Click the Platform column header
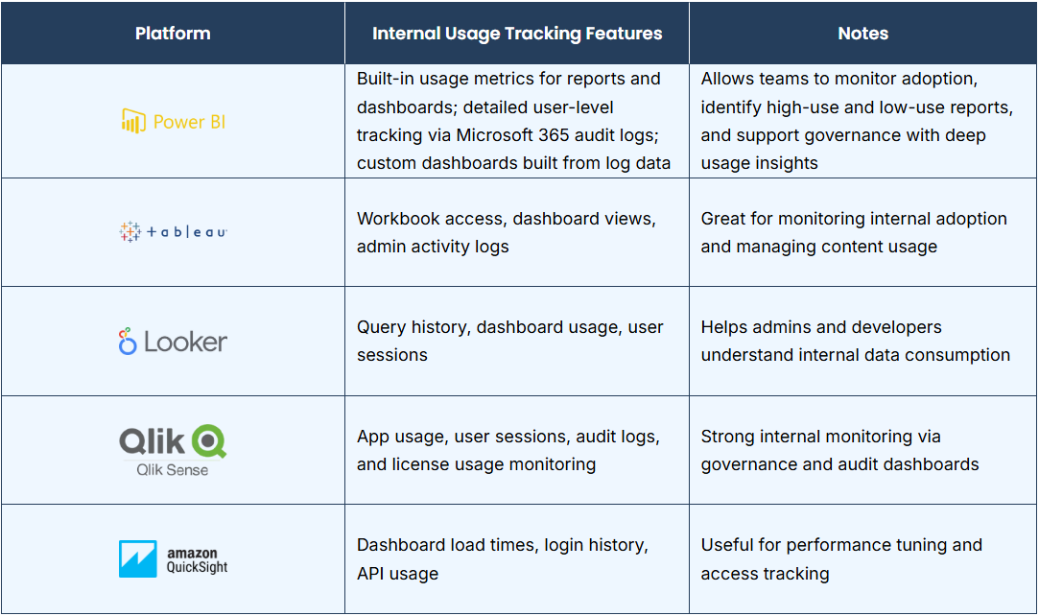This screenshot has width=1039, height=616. pos(173,34)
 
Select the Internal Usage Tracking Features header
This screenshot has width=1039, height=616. pos(517,34)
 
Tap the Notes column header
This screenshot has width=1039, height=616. pos(862,34)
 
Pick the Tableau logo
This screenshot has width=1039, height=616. pos(173,232)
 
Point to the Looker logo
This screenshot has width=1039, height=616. pos(173,342)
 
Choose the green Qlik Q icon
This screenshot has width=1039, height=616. pos(209,441)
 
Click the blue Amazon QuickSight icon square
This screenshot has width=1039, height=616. pos(138,559)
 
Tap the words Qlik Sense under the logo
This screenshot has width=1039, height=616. pos(173,469)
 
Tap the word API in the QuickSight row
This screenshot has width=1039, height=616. pos(369,574)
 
